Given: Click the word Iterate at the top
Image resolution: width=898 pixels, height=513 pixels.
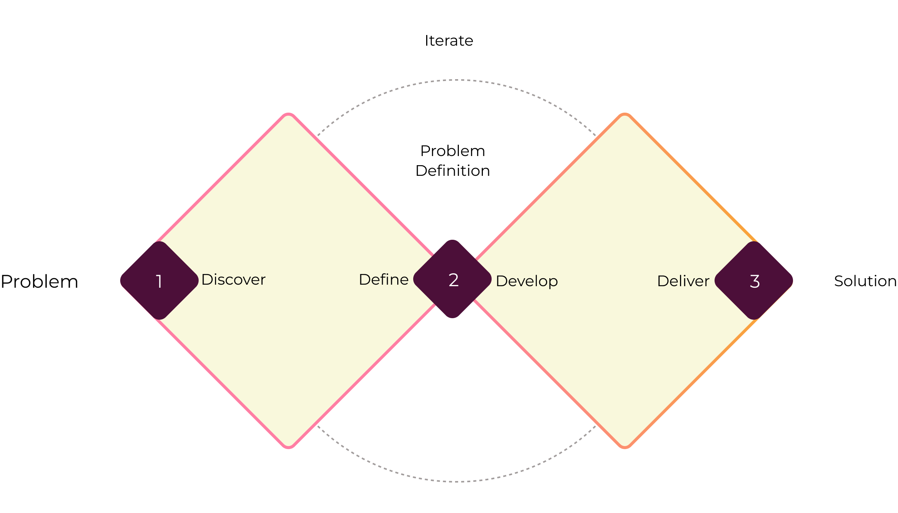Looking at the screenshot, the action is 449,41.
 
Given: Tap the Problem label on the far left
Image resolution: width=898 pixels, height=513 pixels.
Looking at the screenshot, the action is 40,282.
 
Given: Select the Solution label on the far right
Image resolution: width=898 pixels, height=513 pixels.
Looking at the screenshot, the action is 865,281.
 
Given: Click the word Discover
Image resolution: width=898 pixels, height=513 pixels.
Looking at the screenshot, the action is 233,280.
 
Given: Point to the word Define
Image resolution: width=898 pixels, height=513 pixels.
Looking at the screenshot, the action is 384,280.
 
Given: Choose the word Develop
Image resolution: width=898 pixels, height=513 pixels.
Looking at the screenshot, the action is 527,281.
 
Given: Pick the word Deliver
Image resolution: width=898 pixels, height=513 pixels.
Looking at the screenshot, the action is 683,281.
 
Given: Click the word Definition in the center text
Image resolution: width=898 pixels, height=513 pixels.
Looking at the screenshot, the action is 452,171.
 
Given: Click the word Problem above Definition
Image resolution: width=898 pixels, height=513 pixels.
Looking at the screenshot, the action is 452,151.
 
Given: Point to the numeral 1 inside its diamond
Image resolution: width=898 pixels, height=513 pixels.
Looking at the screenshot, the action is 159,282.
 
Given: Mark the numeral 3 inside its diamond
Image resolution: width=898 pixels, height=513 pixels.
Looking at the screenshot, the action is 755,282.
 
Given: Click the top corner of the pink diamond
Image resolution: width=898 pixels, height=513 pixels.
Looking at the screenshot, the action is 288,115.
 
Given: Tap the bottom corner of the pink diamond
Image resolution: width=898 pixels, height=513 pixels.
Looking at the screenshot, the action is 288,447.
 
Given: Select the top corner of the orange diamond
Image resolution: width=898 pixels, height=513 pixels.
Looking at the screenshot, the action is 625,115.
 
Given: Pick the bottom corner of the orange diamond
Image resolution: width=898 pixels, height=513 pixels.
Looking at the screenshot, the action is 625,447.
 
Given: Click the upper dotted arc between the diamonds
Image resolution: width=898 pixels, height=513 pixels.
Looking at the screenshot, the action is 455,80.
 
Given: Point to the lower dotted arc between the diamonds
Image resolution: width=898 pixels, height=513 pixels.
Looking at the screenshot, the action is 455,481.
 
